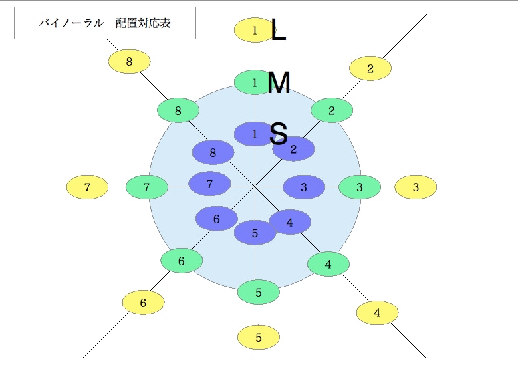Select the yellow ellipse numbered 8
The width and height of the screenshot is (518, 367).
[129, 61]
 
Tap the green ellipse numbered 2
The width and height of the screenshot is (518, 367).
[332, 110]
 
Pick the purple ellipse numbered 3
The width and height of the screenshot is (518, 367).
[304, 187]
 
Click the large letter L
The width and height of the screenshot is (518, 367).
[278, 29]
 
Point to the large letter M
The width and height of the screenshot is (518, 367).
[279, 82]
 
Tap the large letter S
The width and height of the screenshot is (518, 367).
[278, 134]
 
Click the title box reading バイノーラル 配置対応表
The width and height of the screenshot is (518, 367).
[105, 23]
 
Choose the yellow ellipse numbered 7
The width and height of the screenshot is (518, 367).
[87, 187]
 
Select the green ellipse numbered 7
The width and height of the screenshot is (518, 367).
[147, 187]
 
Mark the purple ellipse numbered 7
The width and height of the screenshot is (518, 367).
[209, 183]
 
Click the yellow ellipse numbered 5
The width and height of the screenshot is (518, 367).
[259, 338]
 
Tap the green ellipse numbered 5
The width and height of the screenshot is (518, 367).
[259, 292]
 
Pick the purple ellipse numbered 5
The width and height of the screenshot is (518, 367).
[255, 233]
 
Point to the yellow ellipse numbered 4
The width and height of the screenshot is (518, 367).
[377, 313]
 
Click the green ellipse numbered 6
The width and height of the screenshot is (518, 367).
[182, 261]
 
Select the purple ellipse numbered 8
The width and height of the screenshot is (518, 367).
[213, 152]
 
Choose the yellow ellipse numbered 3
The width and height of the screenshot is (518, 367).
[416, 187]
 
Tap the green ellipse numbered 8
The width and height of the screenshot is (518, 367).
[178, 110]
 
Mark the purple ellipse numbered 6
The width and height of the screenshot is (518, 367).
[217, 219]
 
